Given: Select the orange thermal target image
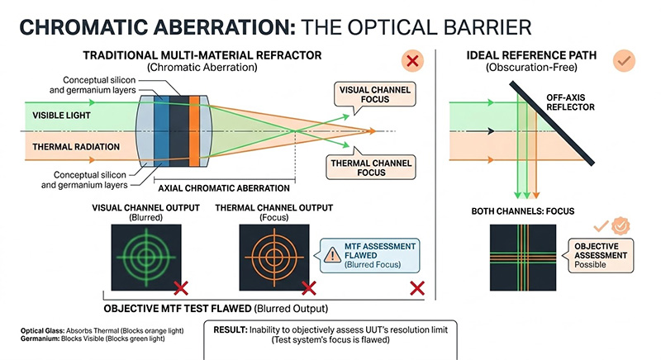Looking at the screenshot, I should [273, 252].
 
